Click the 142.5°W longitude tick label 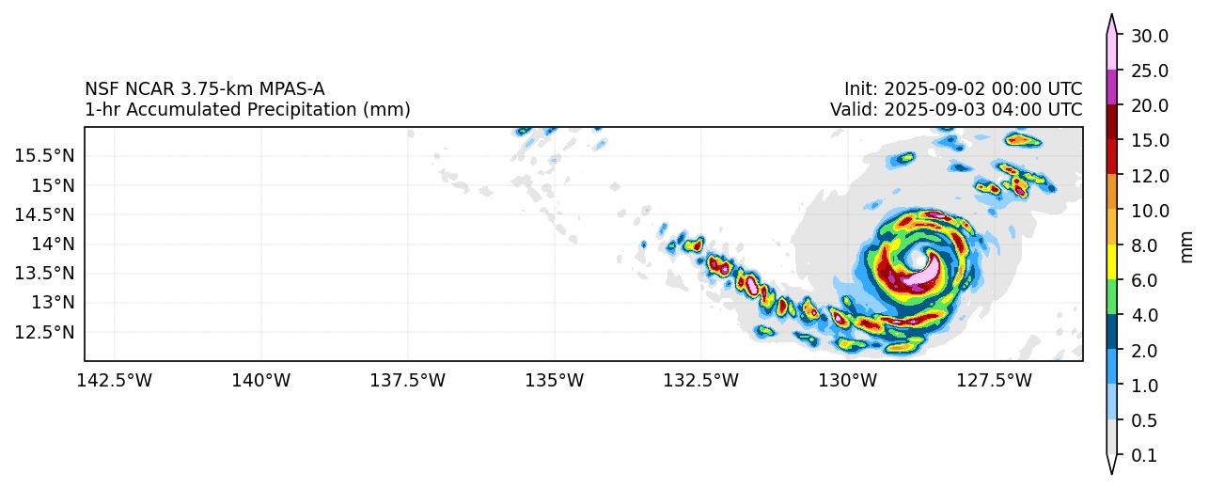coord(115,381)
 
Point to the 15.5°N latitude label coord(44,155)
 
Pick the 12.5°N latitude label coord(44,332)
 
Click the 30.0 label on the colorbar coord(1149,36)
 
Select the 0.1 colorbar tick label coord(1143,456)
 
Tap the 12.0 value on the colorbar coord(1149,176)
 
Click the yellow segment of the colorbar coord(1111,261)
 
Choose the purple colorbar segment coord(1111,87)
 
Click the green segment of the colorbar coord(1111,296)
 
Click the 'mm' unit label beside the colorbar coord(1186,246)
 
